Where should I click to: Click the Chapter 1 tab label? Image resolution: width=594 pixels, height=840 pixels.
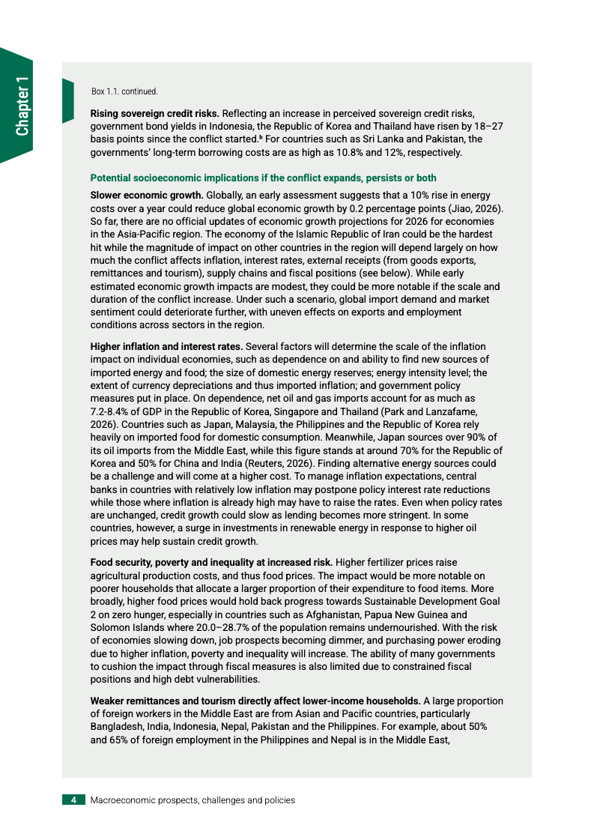click(x=22, y=106)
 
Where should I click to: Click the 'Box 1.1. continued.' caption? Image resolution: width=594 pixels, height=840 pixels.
click(x=124, y=91)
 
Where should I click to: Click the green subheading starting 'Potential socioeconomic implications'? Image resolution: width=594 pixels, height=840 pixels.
click(x=263, y=178)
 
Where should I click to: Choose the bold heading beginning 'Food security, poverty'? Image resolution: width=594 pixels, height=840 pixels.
click(x=211, y=562)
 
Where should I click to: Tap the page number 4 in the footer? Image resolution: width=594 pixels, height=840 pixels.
click(x=73, y=800)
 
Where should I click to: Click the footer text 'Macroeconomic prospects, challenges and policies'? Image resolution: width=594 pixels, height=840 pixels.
click(x=193, y=800)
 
